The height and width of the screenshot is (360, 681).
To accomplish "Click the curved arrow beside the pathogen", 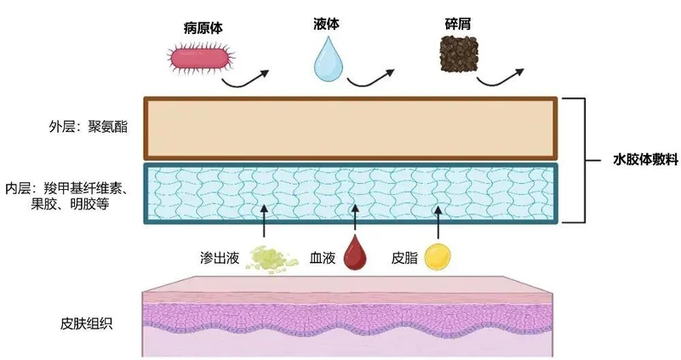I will [x=247, y=78].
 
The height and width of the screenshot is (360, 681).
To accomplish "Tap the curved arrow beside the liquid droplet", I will [x=374, y=78].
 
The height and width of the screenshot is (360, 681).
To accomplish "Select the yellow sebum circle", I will [x=438, y=255].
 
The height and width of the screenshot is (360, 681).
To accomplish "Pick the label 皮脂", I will [x=403, y=255].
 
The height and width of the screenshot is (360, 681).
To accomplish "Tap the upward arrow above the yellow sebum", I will [x=438, y=220].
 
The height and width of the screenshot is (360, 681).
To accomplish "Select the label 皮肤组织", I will [x=83, y=324].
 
